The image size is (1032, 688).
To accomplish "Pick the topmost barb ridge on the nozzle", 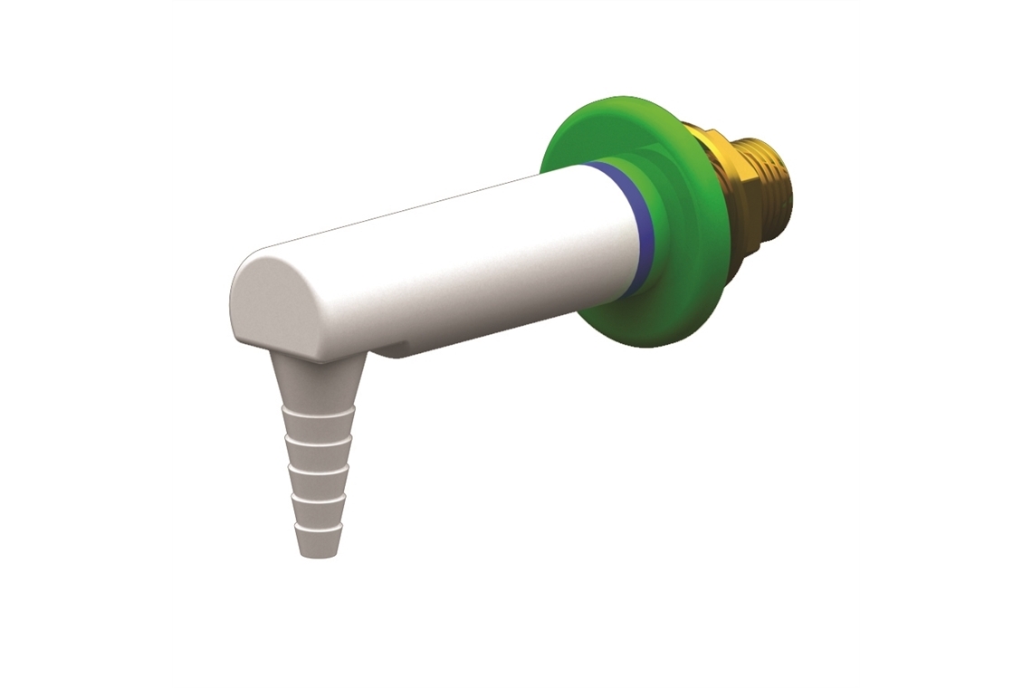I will [x=318, y=413].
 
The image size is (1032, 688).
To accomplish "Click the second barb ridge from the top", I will [x=318, y=444].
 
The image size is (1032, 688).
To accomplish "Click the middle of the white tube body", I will [x=453, y=263].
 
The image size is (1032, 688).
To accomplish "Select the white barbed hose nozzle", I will [x=318, y=453].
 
